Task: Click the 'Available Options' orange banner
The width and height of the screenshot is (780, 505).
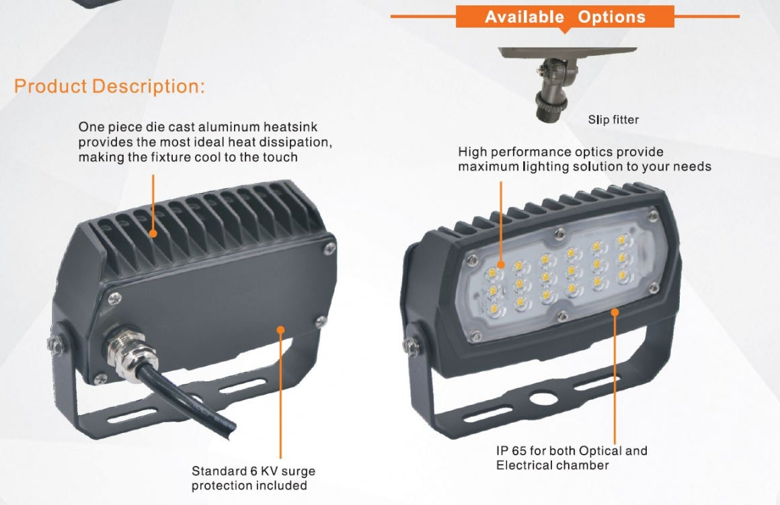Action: [x=565, y=17]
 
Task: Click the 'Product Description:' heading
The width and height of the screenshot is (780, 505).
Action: [x=110, y=87]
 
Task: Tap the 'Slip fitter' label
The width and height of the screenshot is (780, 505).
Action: [x=613, y=120]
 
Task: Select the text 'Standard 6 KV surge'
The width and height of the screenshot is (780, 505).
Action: [x=253, y=471]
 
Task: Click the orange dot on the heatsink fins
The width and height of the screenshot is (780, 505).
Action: [x=154, y=233]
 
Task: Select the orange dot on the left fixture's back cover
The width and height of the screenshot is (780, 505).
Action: [x=280, y=329]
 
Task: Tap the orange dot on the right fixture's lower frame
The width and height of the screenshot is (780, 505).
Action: [x=615, y=311]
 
